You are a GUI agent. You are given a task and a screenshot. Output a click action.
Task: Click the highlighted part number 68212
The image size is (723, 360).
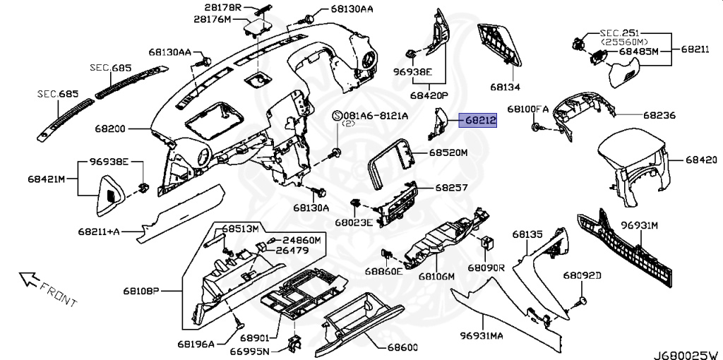[x=480, y=121]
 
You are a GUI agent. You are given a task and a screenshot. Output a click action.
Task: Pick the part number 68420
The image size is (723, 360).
[x=701, y=160]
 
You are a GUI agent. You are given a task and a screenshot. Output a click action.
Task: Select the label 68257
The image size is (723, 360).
[x=451, y=188]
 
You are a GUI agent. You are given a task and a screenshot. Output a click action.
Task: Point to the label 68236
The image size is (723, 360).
[x=659, y=114]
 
